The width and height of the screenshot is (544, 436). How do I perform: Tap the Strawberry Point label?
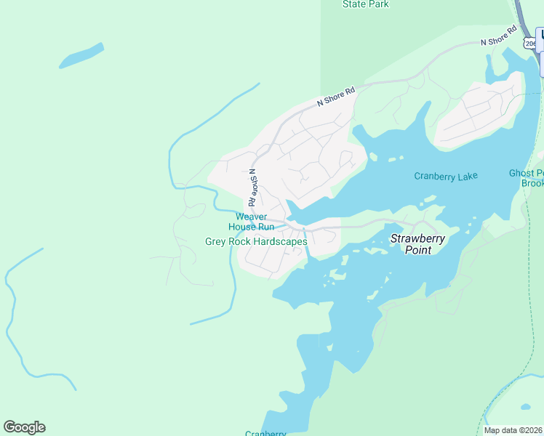pos(419,244)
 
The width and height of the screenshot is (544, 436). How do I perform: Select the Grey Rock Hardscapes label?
pos(256,241)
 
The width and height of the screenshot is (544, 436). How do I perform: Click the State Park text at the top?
pos(365,4)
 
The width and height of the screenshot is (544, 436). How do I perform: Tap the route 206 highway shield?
pos(530,44)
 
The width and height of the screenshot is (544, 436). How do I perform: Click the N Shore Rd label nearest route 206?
pos(499,36)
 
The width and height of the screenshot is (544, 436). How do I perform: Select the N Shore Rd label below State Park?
pos(336,97)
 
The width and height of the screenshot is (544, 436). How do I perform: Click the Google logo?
pos(24,427)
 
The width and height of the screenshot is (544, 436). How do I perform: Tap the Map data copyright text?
pos(513,430)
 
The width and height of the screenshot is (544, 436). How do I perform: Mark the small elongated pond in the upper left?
pos(81,56)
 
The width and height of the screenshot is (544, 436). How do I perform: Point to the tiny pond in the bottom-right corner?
pos(525,406)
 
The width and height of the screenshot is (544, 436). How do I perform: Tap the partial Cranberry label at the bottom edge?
pos(265,433)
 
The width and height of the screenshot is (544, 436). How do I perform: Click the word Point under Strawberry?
pos(419,250)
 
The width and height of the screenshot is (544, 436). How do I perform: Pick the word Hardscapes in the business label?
pos(280,241)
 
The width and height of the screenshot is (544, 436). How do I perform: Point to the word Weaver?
pos(252,217)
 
